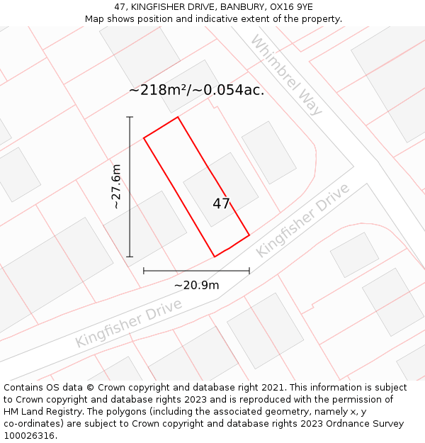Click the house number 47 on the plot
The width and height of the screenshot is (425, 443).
tap(221, 204)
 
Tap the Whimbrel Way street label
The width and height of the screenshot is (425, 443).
tap(285, 76)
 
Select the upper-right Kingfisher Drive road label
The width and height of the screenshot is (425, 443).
tap(302, 220)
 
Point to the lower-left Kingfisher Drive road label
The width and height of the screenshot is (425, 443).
tap(129, 323)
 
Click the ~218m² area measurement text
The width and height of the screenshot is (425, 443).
tap(196, 91)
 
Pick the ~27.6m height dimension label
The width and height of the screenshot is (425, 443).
tap(116, 186)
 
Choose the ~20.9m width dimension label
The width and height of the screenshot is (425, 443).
tap(196, 285)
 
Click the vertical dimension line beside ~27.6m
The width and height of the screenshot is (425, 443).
tap(130, 213)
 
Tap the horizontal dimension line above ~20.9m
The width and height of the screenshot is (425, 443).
tap(196, 270)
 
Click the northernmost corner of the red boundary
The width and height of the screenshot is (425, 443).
tap(177, 117)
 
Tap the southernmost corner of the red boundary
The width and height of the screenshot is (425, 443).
tap(215, 257)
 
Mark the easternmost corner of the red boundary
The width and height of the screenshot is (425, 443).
tap(249, 235)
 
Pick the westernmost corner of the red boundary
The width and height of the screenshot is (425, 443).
tap(144, 138)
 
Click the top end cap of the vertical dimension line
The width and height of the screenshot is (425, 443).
tap(130, 117)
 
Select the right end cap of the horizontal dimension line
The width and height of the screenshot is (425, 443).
tap(249, 270)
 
